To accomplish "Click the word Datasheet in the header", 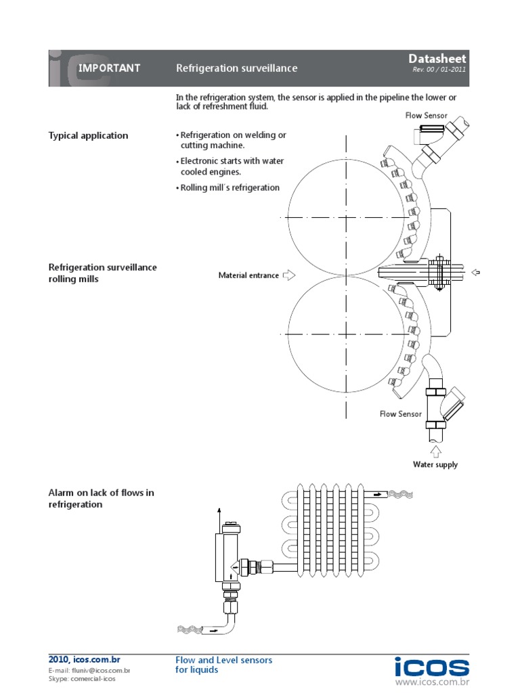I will click(437, 60).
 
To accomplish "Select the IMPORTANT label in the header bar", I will click(109, 68).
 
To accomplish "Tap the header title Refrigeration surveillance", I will click(236, 68).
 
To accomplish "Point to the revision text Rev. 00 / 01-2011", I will click(439, 70).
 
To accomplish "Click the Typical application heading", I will click(88, 135).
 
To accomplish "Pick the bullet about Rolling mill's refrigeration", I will click(228, 187).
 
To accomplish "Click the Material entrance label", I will click(248, 275).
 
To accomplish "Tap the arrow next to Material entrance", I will click(289, 275).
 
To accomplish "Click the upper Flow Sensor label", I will click(426, 116).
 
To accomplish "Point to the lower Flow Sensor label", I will click(400, 413).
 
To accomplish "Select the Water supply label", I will click(435, 464).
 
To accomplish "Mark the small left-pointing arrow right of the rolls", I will click(475, 272).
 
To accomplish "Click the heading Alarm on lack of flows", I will click(101, 498).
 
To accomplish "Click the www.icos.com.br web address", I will click(431, 683).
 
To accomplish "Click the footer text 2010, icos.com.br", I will click(84, 659).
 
